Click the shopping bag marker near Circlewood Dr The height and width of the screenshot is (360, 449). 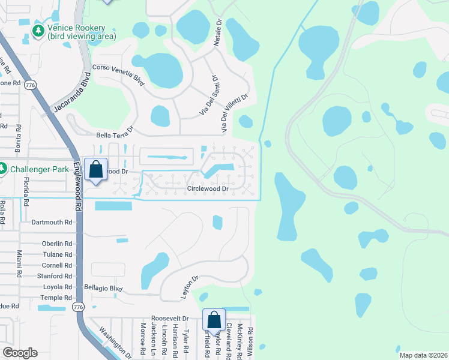[x=96, y=170]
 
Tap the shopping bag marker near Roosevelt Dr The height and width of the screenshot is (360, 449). [x=214, y=320]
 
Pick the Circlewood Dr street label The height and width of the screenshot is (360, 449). [x=208, y=188]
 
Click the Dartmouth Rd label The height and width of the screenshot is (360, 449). [x=52, y=222]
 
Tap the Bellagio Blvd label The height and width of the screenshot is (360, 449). [x=103, y=287]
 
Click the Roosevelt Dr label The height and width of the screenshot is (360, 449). [x=170, y=319]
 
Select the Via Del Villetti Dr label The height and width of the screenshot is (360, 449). [x=234, y=113]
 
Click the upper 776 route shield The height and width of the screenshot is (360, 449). [x=29, y=85]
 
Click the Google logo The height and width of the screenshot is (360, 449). [x=20, y=353]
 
